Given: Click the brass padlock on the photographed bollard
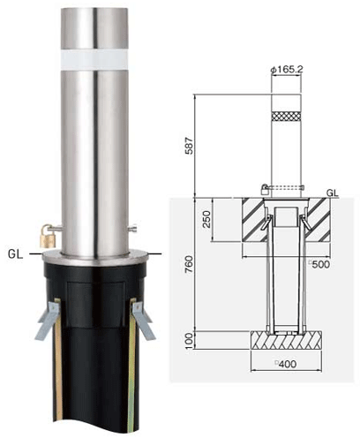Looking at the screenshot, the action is click(48, 236).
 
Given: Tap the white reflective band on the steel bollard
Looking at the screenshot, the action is click(94, 60).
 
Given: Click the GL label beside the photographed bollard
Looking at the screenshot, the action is click(16, 254).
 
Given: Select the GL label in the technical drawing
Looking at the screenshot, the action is click(333, 193).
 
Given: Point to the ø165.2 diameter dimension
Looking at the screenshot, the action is click(287, 70).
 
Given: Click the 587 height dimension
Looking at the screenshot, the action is click(189, 146).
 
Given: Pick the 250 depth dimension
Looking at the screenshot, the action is click(206, 219).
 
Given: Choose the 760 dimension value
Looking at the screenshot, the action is click(189, 264).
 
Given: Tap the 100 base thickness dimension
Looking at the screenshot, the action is click(190, 341).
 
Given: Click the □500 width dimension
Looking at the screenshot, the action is click(319, 264).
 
